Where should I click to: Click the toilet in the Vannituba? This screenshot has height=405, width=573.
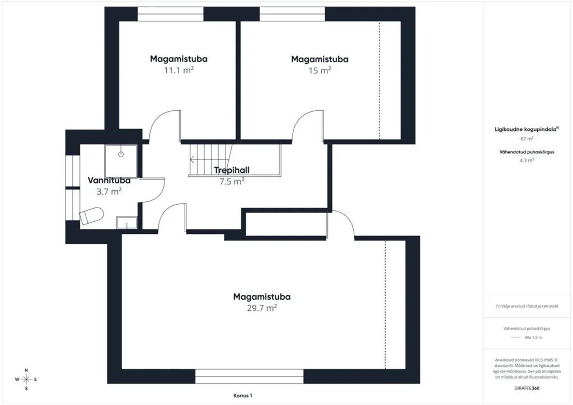(91, 216)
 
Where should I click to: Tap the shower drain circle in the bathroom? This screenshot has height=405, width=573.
(121, 154)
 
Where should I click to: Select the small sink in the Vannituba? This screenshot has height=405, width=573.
(126, 223)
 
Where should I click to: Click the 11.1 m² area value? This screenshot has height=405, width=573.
(179, 70)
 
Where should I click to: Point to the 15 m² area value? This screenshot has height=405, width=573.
(320, 70)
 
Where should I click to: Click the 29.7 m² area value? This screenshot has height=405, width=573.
(262, 308)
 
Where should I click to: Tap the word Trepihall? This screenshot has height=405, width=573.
(232, 170)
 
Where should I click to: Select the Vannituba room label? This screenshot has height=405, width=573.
(109, 181)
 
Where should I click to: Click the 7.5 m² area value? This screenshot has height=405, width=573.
(232, 181)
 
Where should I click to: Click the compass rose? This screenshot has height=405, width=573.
(26, 379)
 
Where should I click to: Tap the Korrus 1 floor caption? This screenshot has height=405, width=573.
(243, 395)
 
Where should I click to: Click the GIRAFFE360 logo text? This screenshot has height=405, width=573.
(527, 388)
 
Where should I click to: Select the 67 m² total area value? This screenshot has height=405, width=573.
(527, 139)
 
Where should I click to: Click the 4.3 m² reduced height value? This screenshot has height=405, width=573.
(527, 161)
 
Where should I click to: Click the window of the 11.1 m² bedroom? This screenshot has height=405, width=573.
(170, 14)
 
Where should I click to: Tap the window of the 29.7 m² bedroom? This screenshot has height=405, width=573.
(249, 376)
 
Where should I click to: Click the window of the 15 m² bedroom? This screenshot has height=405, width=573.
(292, 14)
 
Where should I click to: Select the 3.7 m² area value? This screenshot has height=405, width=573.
(109, 191)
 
